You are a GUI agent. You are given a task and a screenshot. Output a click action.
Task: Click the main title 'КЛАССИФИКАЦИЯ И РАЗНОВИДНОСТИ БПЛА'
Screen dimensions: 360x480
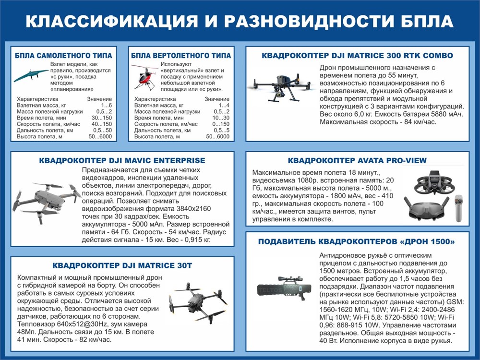click(240, 22)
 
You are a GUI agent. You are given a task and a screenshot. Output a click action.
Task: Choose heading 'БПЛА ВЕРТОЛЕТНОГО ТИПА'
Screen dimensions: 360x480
click(181, 55)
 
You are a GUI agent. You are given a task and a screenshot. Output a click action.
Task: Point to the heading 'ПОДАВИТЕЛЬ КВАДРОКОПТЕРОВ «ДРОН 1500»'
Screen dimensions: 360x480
click(357, 241)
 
